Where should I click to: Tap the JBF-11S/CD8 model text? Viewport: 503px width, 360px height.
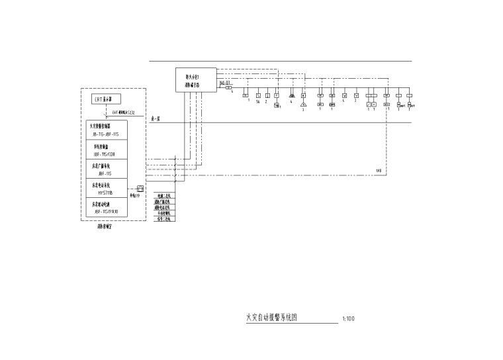tap(105, 153)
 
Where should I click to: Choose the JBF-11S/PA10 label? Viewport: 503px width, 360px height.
tap(105, 211)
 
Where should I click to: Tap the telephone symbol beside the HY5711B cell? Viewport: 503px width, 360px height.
tap(140, 189)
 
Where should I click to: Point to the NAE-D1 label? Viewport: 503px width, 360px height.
tap(224, 83)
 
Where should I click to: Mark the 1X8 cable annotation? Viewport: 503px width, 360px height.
tap(379, 171)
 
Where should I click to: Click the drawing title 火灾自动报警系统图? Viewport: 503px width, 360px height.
tap(271, 318)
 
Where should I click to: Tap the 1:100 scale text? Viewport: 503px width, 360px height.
tap(349, 319)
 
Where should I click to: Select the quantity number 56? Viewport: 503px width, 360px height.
tap(257, 103)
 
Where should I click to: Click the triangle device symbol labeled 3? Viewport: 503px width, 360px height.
tap(303, 105)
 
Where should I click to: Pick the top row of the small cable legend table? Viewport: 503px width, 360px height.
tap(163, 196)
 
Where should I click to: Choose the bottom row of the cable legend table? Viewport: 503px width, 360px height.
tap(163, 218)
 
